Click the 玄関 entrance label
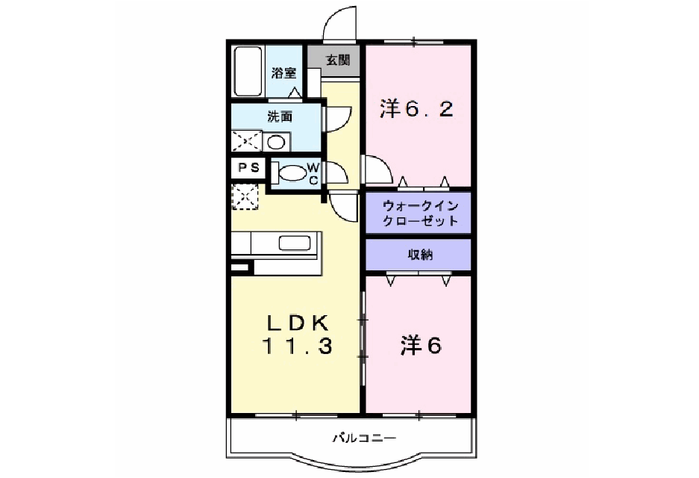coord(337,60)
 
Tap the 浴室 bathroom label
coord(284,72)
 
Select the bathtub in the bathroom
coord(248,71)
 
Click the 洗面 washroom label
coord(280,117)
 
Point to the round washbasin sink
coord(276,143)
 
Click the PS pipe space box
coord(248,168)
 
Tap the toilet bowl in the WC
coord(292,173)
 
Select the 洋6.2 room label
coord(416,109)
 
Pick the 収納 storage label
coord(420,255)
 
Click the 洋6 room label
coord(421,345)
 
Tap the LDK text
coord(298,323)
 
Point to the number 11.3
coord(297,346)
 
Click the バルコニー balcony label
coord(364,438)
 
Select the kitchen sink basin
coord(294,243)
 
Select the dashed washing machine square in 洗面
coord(246,141)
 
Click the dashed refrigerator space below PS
coord(245,196)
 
